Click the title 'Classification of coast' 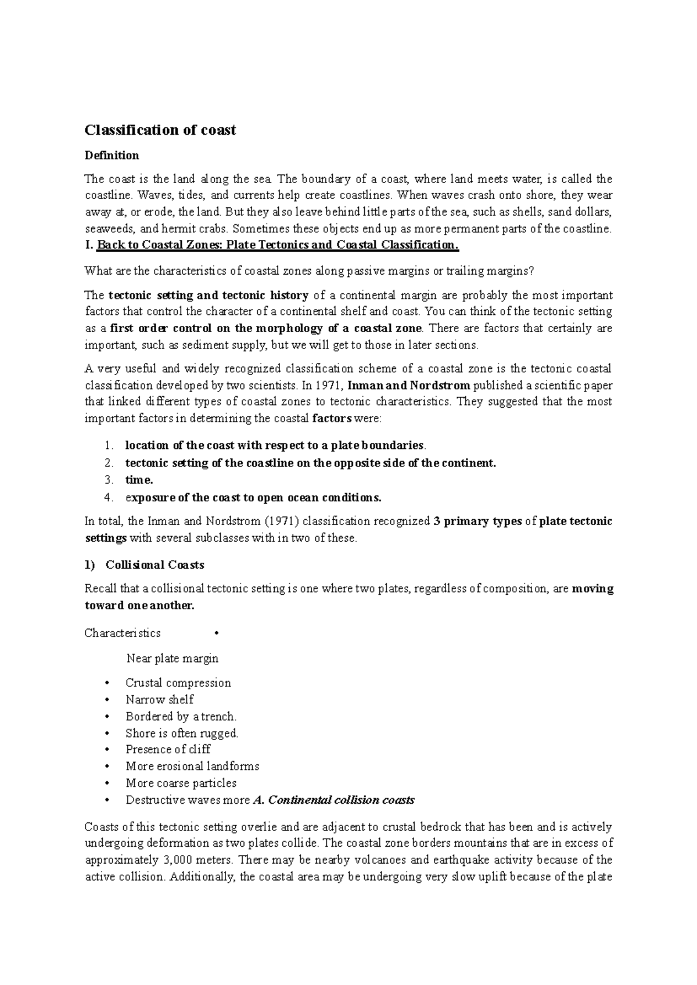(160, 130)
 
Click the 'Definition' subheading (112, 156)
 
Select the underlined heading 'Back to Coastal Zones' (278, 245)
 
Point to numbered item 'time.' (139, 480)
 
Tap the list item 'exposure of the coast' (253, 498)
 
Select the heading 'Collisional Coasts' (155, 565)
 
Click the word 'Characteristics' (123, 633)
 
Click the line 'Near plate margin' (173, 659)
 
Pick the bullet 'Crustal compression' (178, 683)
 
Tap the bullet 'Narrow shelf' (160, 700)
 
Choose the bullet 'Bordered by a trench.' (181, 717)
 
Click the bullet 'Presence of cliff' (168, 750)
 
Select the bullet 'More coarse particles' (181, 783)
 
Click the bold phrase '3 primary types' (477, 522)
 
